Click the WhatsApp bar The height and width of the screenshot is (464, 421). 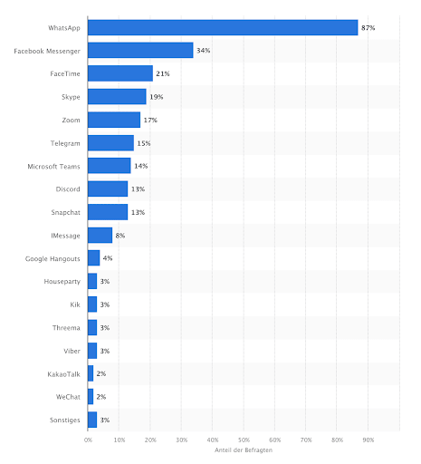point(222,27)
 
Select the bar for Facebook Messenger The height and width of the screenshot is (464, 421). point(140,50)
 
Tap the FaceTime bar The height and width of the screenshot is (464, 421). point(120,73)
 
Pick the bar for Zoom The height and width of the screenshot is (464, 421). point(114,120)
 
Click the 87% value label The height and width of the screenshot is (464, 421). point(368,27)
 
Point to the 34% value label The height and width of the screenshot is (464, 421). point(204,50)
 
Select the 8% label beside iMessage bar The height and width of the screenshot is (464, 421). point(120,235)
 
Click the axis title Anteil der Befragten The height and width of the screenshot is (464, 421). point(244,450)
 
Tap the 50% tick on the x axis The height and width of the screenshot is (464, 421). point(244,439)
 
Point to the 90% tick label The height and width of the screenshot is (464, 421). point(368,439)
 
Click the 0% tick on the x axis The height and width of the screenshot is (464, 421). point(88,439)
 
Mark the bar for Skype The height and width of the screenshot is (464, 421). point(117,96)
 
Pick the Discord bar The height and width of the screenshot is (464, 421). point(108,188)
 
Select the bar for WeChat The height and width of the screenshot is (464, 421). point(91,396)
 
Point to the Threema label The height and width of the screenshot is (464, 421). point(68,327)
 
